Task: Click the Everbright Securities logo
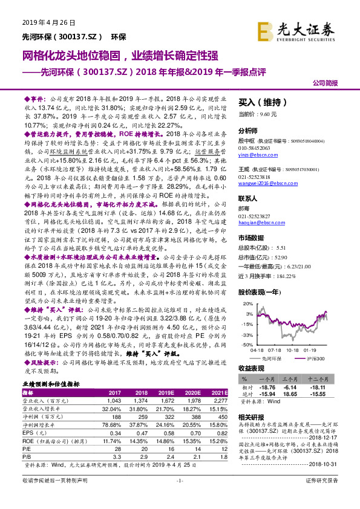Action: click(296, 30)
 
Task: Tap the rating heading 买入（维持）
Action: click(258, 103)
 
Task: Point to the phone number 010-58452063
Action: click(258, 148)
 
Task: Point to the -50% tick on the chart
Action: click(246, 343)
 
